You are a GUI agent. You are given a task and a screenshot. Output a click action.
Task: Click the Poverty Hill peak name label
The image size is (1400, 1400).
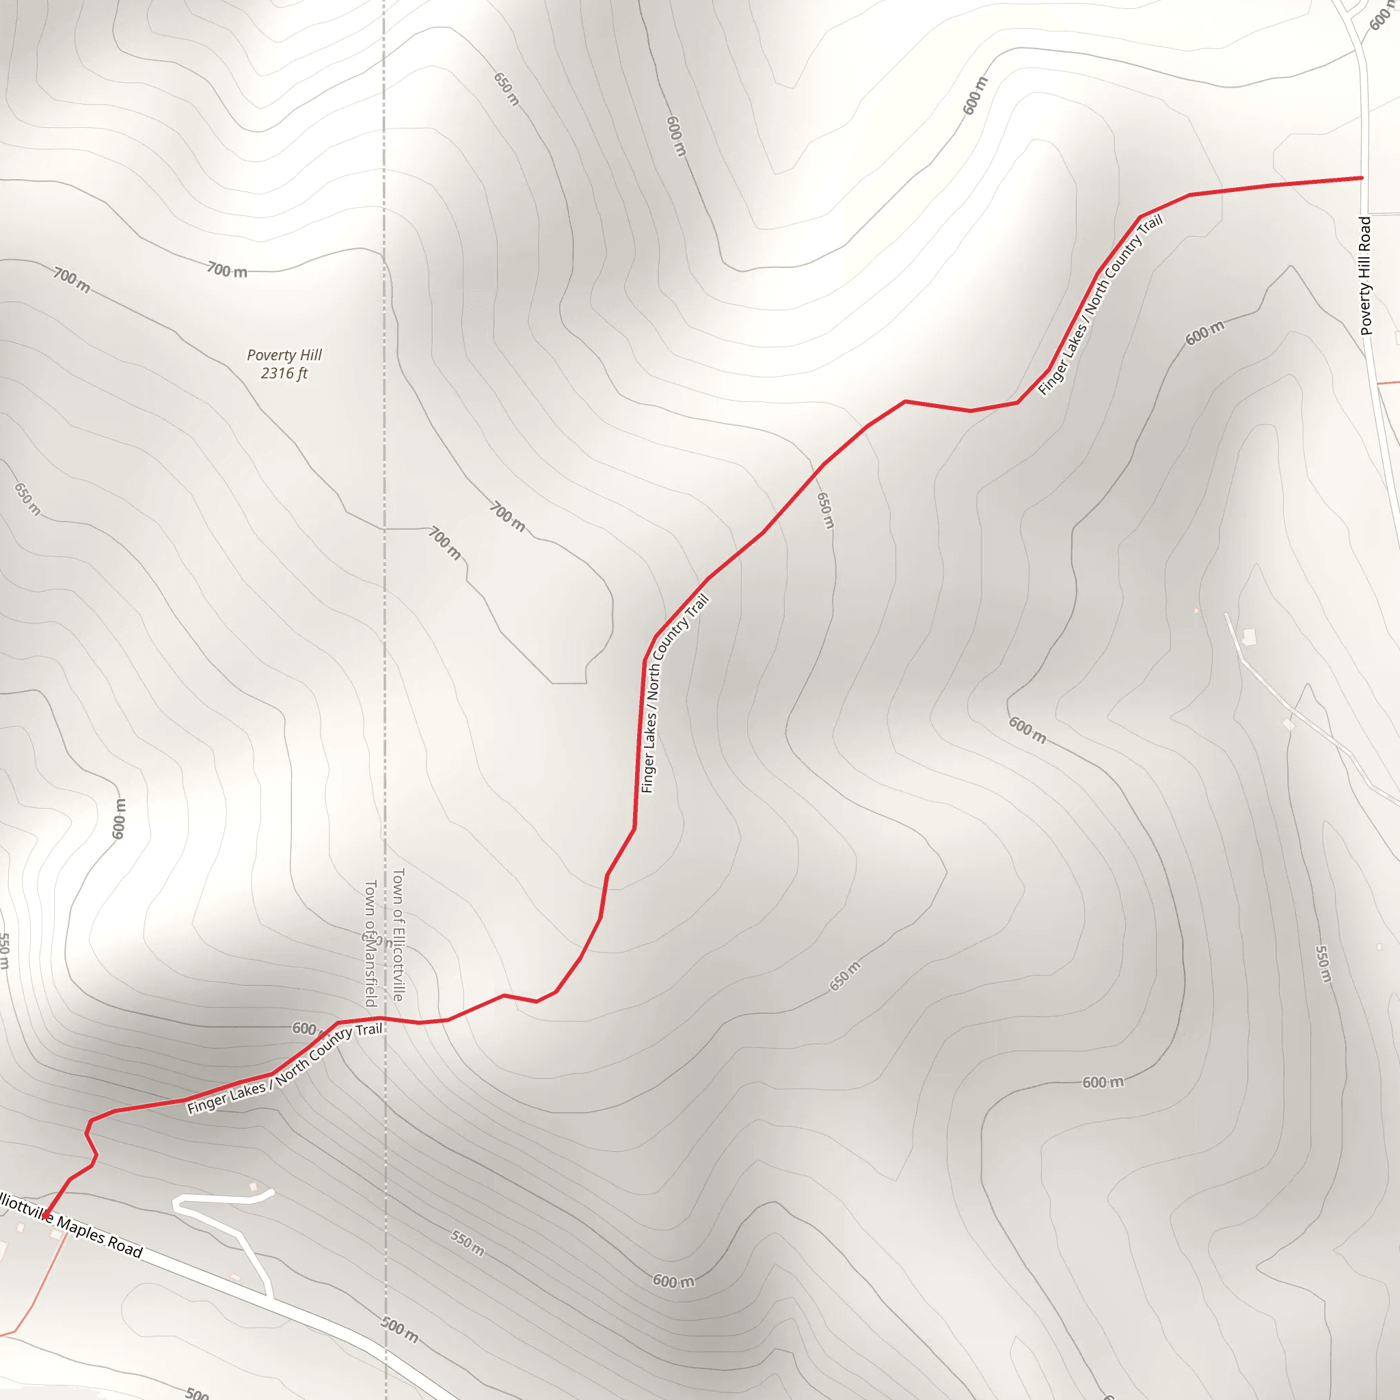pyautogui.click(x=284, y=355)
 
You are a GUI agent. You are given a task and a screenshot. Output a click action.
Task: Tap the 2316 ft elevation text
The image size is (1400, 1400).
pyautogui.click(x=284, y=373)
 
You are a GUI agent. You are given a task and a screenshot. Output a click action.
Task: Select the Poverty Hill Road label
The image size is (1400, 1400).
pyautogui.click(x=1366, y=275)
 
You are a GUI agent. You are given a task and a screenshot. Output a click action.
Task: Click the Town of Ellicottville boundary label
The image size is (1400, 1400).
pyautogui.click(x=398, y=934)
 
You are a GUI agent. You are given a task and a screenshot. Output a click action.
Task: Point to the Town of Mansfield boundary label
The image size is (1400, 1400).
pyautogui.click(x=371, y=943)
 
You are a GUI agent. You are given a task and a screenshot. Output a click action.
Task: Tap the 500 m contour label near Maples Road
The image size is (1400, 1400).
pyautogui.click(x=400, y=1330)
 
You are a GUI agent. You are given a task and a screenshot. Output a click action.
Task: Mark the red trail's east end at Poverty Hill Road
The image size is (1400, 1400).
pyautogui.click(x=1362, y=178)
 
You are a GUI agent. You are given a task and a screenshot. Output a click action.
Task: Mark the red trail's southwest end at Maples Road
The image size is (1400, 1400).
pyautogui.click(x=46, y=1217)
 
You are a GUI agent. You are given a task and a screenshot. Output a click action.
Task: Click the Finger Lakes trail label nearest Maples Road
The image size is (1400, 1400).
pyautogui.click(x=284, y=1068)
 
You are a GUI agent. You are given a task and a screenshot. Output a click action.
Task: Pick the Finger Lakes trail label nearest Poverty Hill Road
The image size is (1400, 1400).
pyautogui.click(x=1100, y=305)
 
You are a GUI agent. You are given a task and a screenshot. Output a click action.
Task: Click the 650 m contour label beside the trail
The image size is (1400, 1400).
pyautogui.click(x=824, y=510)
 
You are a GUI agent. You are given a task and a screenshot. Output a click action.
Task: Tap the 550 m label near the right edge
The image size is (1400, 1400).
pyautogui.click(x=1323, y=964)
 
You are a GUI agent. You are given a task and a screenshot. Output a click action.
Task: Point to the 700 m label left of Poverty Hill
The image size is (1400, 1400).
pyautogui.click(x=71, y=280)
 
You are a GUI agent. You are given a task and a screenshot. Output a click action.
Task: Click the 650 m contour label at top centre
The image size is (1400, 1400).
pyautogui.click(x=507, y=89)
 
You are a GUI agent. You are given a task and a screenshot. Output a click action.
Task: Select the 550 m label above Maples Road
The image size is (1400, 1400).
pyautogui.click(x=468, y=1242)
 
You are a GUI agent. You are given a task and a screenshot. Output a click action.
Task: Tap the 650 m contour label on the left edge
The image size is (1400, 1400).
pyautogui.click(x=27, y=499)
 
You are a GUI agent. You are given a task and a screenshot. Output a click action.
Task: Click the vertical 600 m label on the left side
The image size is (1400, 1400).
pyautogui.click(x=120, y=819)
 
